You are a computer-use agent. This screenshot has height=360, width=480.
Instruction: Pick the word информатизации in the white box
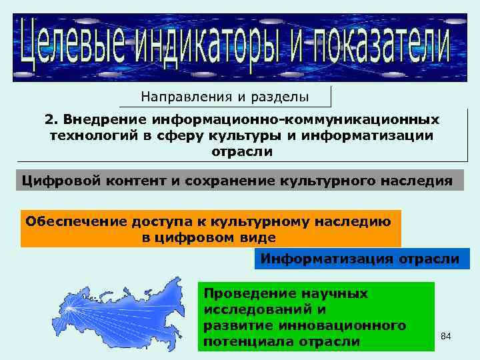pyautogui.click(x=381, y=136)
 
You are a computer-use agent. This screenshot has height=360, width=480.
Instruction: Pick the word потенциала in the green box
pyautogui.click(x=243, y=341)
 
